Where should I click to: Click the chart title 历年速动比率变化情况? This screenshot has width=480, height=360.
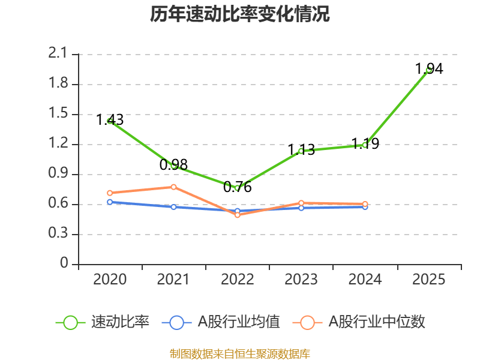[240, 14]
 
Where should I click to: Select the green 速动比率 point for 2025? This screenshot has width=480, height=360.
[428, 70]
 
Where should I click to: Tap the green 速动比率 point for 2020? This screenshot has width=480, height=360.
[110, 121]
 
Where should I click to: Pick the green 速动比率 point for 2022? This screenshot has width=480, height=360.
[237, 188]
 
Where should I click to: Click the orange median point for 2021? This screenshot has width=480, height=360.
[173, 187]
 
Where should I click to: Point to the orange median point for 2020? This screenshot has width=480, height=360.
[110, 193]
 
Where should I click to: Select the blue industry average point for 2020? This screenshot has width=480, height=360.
[110, 202]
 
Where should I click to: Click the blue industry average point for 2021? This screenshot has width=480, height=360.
[173, 207]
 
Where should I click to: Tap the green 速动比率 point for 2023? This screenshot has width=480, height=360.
[301, 151]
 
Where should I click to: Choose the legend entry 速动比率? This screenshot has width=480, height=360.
[103, 322]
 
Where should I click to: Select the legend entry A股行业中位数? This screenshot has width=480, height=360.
[359, 322]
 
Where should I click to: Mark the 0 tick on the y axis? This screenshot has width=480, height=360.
[64, 264]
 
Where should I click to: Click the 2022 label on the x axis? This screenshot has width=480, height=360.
[237, 280]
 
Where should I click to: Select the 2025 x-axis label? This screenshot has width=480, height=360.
[428, 280]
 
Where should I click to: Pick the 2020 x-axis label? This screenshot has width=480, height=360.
[110, 280]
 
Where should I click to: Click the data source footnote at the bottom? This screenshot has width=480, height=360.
[240, 353]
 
